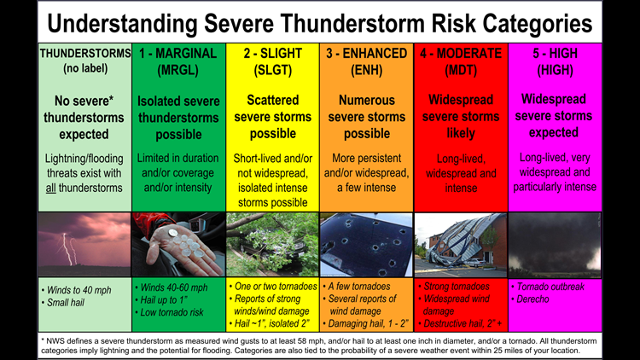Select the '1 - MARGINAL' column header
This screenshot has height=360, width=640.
tap(178, 53)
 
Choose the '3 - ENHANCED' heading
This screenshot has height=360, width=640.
tap(366, 53)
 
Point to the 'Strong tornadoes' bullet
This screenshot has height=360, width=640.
tap(457, 287)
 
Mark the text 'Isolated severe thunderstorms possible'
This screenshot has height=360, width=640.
tap(178, 118)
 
